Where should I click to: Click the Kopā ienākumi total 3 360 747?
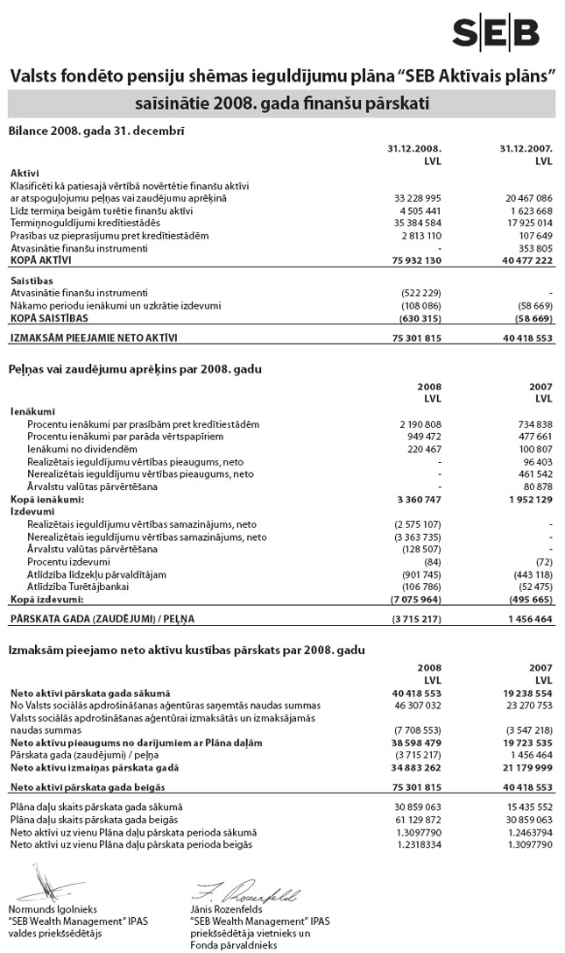point(417,498)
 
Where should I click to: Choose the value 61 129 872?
point(417,819)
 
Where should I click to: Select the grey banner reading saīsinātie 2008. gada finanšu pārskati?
point(281,105)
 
